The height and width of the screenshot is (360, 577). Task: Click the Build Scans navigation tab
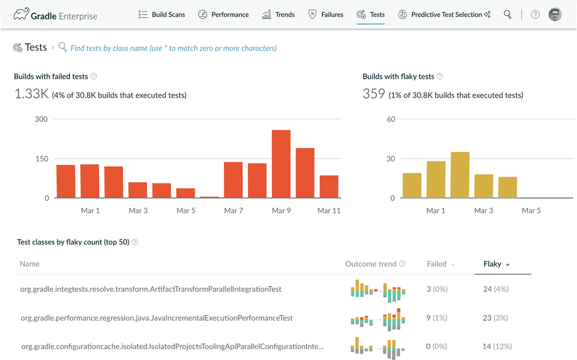tap(162, 14)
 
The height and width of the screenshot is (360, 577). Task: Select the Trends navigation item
tap(278, 14)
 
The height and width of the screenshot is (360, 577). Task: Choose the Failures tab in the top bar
tap(326, 14)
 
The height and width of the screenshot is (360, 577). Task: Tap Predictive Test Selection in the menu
tap(444, 14)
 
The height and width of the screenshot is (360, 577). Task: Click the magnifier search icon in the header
tap(507, 14)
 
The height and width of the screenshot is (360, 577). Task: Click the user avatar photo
tap(554, 14)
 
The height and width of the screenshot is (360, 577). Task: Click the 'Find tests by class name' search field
tap(173, 48)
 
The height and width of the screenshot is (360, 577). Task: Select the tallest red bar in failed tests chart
tap(281, 164)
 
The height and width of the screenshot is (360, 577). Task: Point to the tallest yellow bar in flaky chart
tap(460, 175)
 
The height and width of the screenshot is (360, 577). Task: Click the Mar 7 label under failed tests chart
tap(233, 211)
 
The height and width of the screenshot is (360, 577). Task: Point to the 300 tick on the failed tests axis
tap(42, 119)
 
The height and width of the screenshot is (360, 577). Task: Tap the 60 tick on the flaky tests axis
tap(391, 119)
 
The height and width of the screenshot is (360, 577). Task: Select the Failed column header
tap(437, 264)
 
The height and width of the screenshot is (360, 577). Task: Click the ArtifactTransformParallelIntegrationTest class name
tap(151, 289)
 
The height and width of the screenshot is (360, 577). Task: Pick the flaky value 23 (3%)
tap(496, 318)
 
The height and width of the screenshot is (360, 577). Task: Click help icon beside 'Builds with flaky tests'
tap(440, 76)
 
